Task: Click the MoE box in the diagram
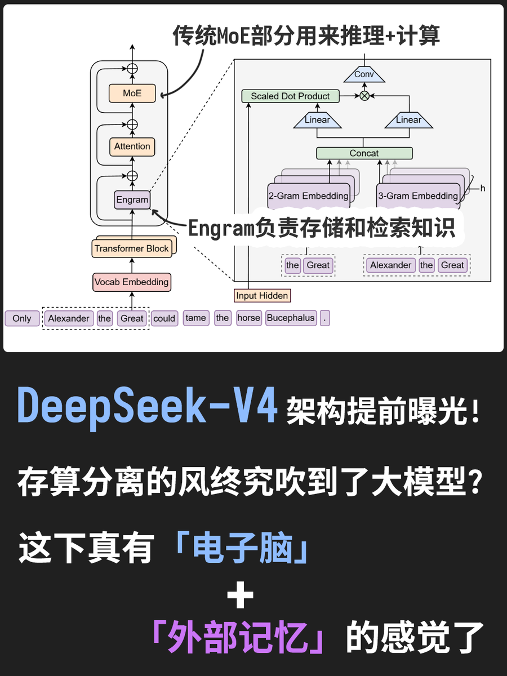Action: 132,94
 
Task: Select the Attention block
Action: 132,146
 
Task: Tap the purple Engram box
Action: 132,199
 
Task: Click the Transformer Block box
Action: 132,248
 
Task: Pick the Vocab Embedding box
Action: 131,282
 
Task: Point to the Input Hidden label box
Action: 262,295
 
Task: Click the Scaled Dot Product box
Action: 290,96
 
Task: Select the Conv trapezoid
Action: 364,74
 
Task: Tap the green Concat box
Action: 364,153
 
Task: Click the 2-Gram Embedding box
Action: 308,196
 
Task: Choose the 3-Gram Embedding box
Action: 418,196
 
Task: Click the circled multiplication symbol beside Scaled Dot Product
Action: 364,96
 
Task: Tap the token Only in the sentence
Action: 22,318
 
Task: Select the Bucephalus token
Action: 291,318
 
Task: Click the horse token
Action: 248,318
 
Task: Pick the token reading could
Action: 164,318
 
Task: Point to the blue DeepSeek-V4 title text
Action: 148,405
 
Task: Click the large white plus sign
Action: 241,595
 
